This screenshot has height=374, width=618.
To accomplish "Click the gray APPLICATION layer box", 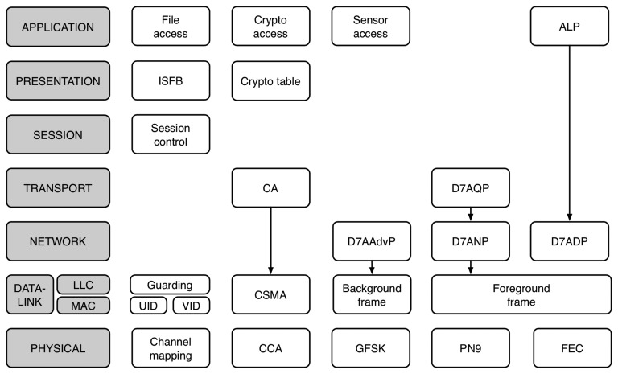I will coord(58,27).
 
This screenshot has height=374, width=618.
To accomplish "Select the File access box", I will coord(171,27).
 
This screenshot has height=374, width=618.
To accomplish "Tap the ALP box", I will coord(570,27).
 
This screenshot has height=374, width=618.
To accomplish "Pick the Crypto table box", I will coord(270,81).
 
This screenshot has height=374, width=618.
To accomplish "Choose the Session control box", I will coord(171,134).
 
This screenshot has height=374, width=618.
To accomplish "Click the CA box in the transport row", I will coord(270,187).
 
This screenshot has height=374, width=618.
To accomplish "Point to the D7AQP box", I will coord(470,187).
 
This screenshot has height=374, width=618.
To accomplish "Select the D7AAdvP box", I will coord(371,241).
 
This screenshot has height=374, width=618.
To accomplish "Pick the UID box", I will coord(149,306).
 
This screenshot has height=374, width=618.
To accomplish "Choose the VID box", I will coord(192,306).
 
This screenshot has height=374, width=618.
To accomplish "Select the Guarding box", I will coord(171,285).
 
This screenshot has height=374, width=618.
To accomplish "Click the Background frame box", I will coord(371,294).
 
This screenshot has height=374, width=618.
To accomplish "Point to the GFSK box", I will coord(371,348).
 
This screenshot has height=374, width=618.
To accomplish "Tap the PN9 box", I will coord(470,348).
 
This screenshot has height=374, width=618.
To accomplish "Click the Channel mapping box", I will coord(171,348).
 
